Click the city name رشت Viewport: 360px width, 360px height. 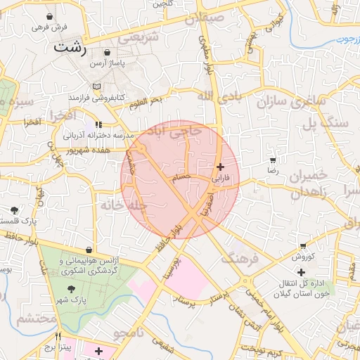point(70,48)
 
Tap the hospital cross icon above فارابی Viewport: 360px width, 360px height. point(221,167)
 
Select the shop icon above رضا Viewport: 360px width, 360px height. point(272,161)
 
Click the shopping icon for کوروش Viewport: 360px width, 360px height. point(303,246)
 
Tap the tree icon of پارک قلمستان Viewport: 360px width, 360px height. point(15,210)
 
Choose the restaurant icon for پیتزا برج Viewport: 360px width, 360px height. point(58,336)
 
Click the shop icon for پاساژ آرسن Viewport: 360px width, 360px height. point(106,52)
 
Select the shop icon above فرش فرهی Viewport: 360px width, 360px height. point(49,15)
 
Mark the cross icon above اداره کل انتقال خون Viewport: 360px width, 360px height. point(301,272)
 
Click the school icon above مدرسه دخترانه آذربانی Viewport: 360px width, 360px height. point(98,124)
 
